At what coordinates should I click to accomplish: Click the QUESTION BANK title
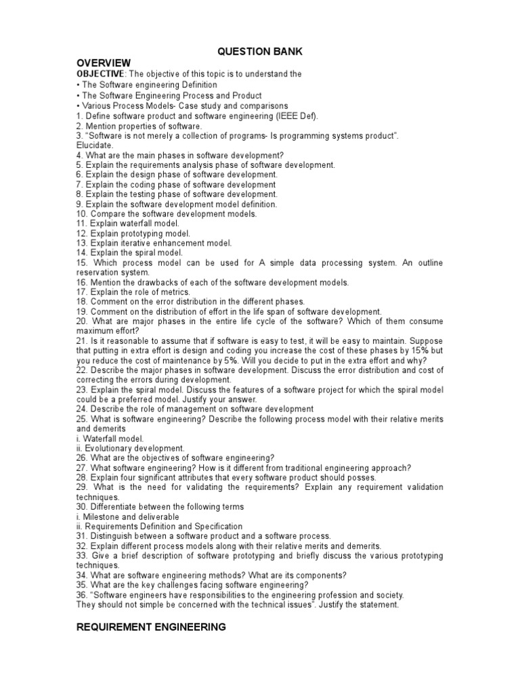coord(259,51)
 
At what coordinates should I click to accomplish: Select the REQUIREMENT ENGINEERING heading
coord(151,628)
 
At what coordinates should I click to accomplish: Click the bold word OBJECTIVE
coord(100,74)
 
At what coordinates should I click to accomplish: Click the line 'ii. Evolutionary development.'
coord(130,448)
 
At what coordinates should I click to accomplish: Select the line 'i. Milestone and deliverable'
coord(128,516)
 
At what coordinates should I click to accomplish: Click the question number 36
coord(82,595)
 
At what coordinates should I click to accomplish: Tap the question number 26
coord(82,457)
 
